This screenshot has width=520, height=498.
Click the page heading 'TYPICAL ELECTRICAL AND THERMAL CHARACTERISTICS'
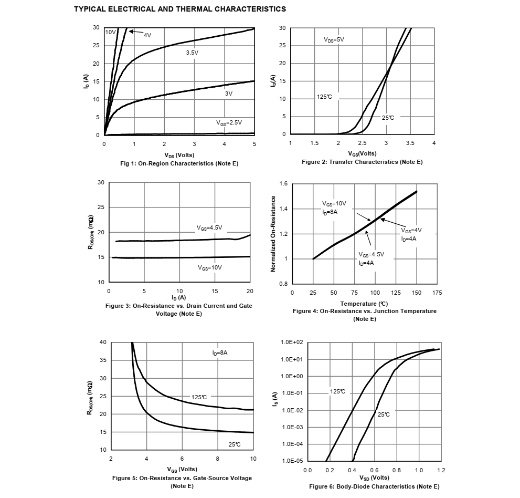click(x=180, y=9)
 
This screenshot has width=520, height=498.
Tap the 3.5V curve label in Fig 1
click(x=192, y=53)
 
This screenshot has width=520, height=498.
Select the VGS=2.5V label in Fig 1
click(x=229, y=122)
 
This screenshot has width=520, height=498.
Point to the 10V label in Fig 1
click(x=110, y=32)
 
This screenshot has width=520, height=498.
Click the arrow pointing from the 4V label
click(x=136, y=33)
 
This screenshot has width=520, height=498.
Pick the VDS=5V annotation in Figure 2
click(x=334, y=39)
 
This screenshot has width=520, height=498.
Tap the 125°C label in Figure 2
click(x=324, y=97)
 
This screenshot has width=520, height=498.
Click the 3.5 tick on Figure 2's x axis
click(x=410, y=143)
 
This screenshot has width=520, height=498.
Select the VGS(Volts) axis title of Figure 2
click(x=362, y=153)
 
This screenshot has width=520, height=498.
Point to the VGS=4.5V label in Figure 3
click(x=209, y=228)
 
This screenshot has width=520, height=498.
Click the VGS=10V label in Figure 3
click(x=210, y=267)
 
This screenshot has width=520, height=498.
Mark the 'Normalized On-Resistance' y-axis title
click(x=273, y=234)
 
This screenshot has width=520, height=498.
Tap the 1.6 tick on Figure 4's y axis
click(x=284, y=184)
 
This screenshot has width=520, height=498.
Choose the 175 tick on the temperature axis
click(x=437, y=293)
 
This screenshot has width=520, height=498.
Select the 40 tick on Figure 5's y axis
click(x=103, y=343)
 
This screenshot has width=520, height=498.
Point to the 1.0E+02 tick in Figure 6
click(x=292, y=343)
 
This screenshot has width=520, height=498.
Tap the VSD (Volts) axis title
click(x=374, y=478)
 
